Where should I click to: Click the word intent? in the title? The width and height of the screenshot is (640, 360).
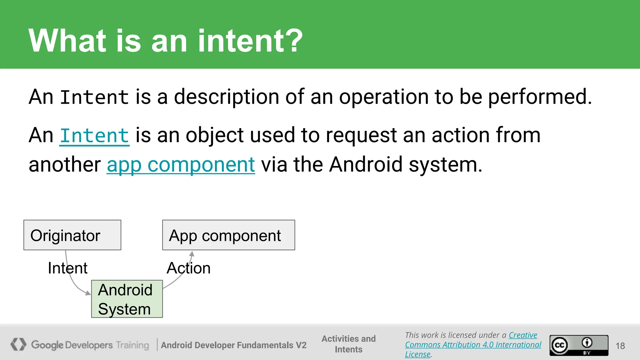250,41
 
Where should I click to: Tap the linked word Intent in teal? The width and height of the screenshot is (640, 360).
94,136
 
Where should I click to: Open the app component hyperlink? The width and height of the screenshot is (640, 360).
181,165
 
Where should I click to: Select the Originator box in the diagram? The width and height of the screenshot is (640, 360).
72,235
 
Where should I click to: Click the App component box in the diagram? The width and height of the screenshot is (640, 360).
228,235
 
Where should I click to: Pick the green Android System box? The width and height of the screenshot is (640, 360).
127,299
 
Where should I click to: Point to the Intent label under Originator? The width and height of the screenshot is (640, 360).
67,268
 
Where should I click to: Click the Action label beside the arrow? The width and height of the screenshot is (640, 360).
188,268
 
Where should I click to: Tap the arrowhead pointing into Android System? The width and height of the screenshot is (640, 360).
88,293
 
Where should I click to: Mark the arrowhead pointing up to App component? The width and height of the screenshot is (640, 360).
192,254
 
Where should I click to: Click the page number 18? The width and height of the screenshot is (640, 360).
620,346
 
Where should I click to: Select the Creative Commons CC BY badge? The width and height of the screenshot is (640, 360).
579,345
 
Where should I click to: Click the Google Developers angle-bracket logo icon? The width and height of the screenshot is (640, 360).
18,344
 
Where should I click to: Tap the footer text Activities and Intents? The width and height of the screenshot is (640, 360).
348,344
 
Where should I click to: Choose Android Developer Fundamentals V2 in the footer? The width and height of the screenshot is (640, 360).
233,345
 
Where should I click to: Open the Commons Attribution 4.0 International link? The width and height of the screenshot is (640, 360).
473,345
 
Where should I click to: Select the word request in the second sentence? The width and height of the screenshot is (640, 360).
361,136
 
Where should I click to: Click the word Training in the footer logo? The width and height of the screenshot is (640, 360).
132,345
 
